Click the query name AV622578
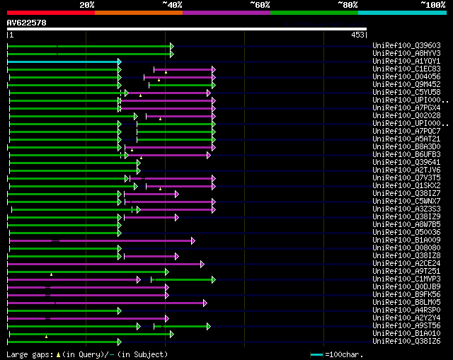[27, 23]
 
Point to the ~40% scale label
[172, 5]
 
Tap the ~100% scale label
[432, 5]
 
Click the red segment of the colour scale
[50, 12]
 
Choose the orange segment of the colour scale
[138, 12]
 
